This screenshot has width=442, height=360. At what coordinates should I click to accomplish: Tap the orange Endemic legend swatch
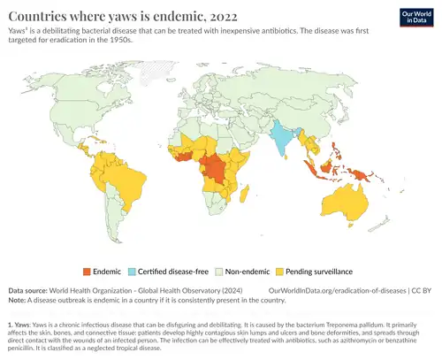click(x=88, y=271)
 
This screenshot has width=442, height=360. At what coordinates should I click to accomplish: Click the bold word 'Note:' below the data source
click(x=18, y=299)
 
